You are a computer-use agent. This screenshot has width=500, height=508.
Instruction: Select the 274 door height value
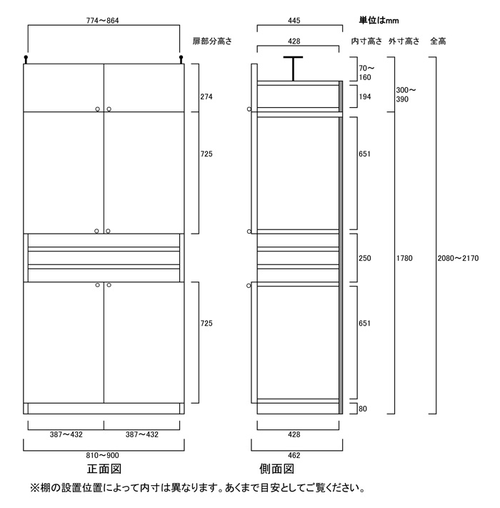coord(206,96)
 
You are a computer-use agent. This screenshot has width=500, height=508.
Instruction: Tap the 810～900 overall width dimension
coord(104,455)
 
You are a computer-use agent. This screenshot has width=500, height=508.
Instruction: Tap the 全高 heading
coord(438,42)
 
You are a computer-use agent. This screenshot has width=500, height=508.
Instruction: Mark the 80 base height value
coord(362,409)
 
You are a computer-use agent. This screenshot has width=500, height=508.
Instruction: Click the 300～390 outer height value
coord(406,94)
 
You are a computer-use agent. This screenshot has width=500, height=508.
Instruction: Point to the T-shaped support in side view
coord(293,68)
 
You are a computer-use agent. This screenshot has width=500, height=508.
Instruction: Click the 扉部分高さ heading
coord(212,42)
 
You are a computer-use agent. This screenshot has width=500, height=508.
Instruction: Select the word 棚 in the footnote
coord(41,490)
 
